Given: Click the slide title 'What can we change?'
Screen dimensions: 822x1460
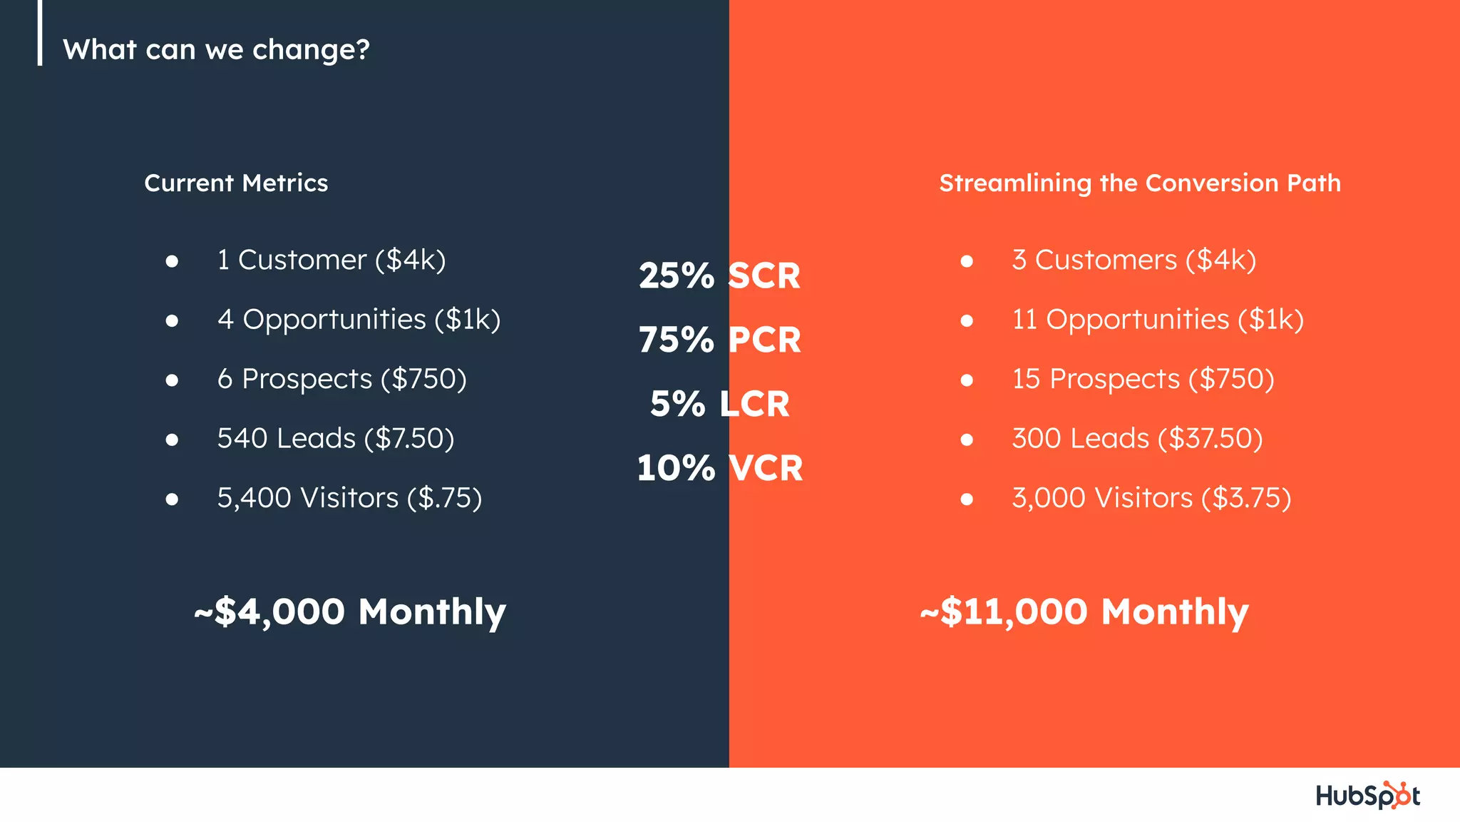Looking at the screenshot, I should click(x=216, y=50).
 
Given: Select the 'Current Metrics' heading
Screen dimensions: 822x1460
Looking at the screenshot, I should click(x=236, y=183).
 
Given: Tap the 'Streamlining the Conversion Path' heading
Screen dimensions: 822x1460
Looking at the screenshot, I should click(x=1140, y=183).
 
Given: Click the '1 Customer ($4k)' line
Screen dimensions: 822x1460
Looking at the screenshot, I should click(x=331, y=260).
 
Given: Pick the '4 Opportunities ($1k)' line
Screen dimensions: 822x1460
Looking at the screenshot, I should click(x=359, y=320).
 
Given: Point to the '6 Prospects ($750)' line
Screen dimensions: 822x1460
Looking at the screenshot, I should click(x=341, y=379).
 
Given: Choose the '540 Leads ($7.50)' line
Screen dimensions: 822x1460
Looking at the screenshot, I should click(x=336, y=439).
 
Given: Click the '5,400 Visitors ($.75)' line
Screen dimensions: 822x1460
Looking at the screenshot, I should click(x=349, y=498).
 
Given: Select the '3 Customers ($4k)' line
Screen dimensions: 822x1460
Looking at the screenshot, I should click(x=1133, y=260).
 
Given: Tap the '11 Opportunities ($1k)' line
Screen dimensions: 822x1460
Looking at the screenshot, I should click(x=1158, y=320).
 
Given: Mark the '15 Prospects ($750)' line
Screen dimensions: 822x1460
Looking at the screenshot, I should click(x=1143, y=379).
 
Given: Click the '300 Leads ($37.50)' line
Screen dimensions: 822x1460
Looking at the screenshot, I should click(x=1137, y=439).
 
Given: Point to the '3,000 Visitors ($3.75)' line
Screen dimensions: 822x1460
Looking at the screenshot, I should click(x=1151, y=498).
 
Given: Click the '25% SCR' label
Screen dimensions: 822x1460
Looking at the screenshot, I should click(x=719, y=276).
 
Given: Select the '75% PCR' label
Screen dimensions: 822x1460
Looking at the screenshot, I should click(x=719, y=340).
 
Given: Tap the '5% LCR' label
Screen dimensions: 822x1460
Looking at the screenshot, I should click(x=719, y=405).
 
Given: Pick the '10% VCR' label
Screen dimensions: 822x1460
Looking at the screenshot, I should click(x=719, y=469).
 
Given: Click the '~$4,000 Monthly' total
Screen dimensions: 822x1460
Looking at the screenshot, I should click(x=350, y=612).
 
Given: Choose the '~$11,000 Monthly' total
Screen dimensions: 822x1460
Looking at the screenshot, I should click(x=1084, y=612).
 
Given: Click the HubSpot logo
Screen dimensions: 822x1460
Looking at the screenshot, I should click(x=1367, y=796).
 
